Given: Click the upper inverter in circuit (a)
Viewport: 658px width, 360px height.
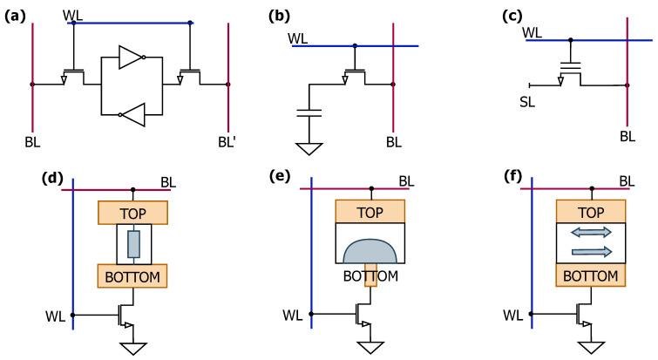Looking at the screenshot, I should tap(130, 58).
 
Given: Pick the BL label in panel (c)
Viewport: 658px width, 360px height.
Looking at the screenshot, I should tap(627, 136).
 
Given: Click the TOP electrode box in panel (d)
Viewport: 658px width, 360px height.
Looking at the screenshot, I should tap(133, 212).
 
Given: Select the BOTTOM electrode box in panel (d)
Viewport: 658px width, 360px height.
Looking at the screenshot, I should tap(133, 276).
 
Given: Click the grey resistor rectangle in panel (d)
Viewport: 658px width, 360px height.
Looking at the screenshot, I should tap(133, 244).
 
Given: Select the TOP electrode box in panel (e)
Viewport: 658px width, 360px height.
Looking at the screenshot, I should tap(370, 212).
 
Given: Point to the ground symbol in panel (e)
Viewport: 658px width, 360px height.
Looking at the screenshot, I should tap(372, 346).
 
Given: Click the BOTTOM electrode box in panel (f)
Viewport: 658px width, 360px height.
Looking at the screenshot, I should tap(590, 276).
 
